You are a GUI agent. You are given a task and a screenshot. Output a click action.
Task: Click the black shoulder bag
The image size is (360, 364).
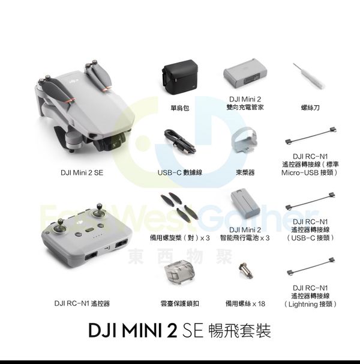(180, 77)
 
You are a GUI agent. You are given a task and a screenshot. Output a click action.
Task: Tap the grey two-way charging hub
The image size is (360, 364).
(245, 74)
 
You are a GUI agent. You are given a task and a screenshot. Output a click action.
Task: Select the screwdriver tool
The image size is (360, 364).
(308, 76)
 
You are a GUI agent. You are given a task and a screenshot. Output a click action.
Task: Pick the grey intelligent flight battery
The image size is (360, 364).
(245, 203)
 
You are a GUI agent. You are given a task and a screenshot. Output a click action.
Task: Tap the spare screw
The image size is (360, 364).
(246, 270)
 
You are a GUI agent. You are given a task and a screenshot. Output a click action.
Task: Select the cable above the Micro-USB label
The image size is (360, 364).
(311, 135)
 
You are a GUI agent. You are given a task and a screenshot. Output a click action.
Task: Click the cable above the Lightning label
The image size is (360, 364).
(311, 267)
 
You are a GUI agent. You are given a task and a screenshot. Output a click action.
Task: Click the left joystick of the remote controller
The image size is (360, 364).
(59, 227)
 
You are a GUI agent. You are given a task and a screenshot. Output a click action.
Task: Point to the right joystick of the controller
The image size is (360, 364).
(99, 211)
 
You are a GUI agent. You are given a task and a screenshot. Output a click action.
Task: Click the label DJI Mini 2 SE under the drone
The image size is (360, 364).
(82, 173)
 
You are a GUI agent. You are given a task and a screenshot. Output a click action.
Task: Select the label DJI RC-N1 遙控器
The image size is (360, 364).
(82, 303)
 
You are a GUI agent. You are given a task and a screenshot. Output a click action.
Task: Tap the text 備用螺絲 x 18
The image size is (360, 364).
(245, 303)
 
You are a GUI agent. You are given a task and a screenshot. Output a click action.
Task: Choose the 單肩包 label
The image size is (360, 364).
(180, 108)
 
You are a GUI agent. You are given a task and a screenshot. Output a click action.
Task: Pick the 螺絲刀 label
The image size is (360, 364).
(310, 108)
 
